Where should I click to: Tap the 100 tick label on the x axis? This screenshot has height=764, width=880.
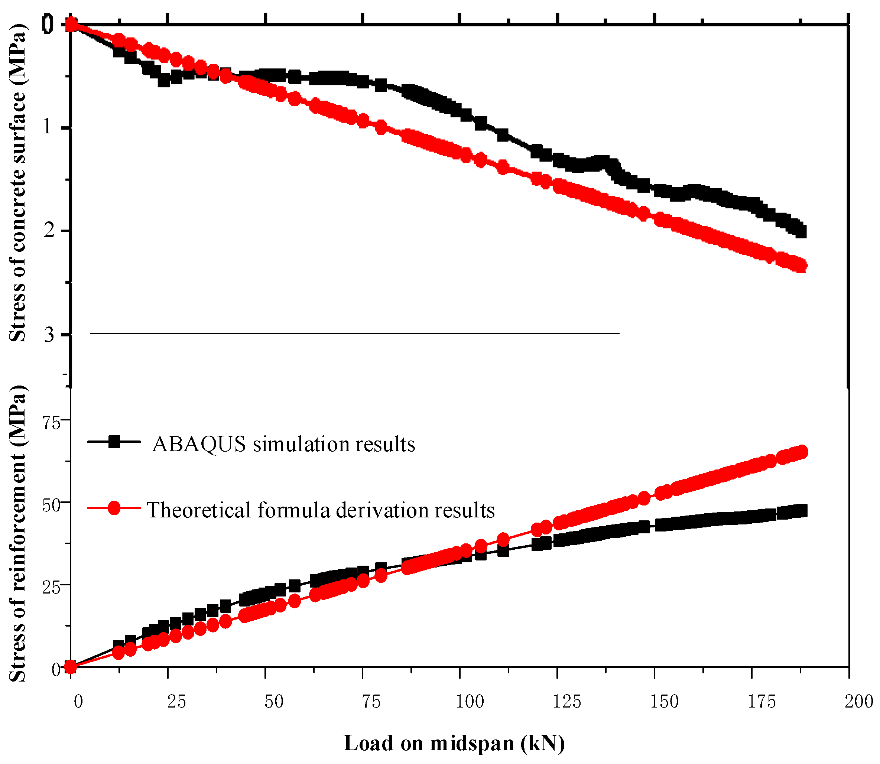[x=470, y=701]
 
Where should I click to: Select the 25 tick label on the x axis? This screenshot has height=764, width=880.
[x=176, y=701]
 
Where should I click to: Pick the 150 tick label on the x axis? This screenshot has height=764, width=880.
[x=664, y=701]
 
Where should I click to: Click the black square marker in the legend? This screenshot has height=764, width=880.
[x=114, y=442]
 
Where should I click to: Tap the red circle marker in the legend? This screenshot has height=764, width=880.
[x=114, y=508]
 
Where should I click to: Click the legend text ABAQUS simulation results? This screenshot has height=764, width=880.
[x=283, y=444]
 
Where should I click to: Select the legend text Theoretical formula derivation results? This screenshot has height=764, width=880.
[x=321, y=510]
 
